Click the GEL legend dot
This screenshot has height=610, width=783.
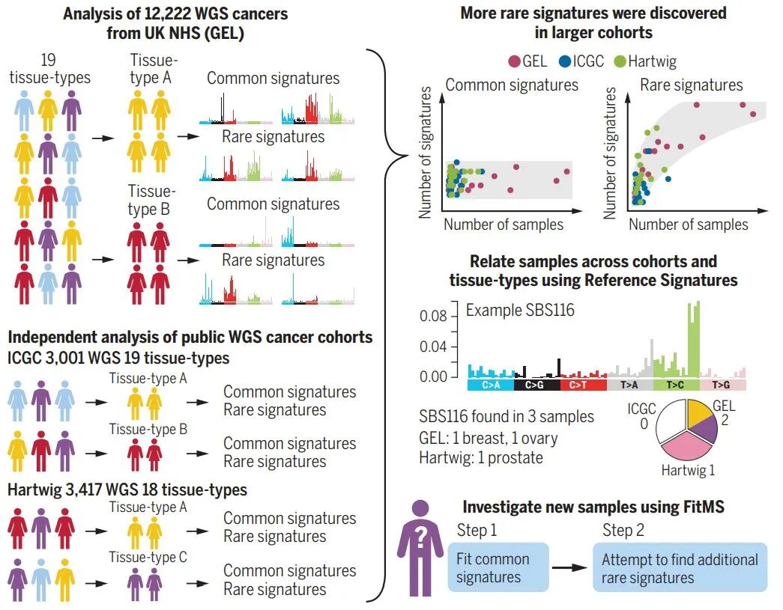(515, 61)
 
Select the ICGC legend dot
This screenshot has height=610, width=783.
(566, 61)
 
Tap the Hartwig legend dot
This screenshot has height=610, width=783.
(620, 61)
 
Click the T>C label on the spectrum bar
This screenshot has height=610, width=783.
(677, 385)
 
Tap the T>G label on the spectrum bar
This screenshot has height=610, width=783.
(722, 385)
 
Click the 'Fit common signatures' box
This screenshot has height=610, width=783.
(498, 568)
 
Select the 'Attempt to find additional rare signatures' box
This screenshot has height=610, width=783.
(679, 568)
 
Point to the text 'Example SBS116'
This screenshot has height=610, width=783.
(520, 310)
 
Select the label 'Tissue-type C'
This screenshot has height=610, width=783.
(148, 557)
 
